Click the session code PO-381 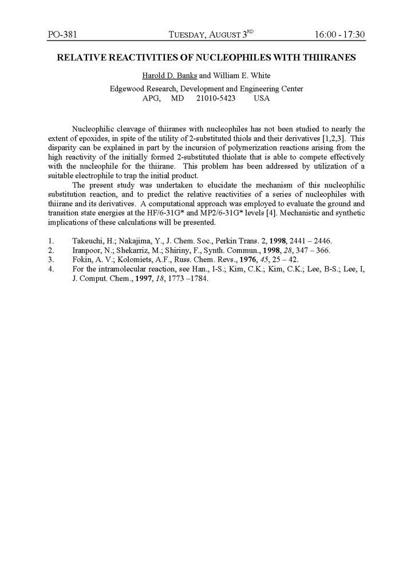pos(62,35)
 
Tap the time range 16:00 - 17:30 pos(339,35)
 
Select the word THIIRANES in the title pos(325,57)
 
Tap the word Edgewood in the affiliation pos(127,89)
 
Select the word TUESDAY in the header pos(191,35)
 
